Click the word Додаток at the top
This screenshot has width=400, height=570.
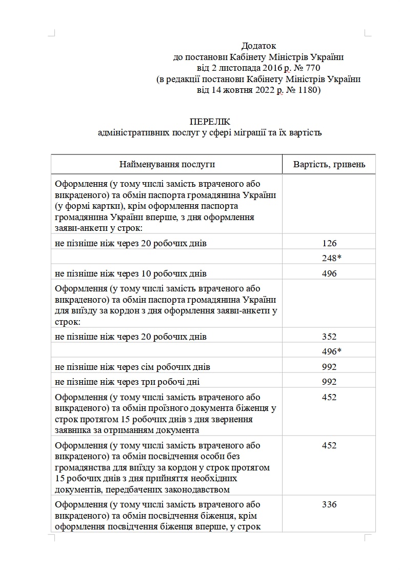(x=258, y=46)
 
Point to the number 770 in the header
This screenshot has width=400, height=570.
(x=314, y=68)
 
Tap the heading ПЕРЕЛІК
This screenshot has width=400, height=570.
(x=210, y=122)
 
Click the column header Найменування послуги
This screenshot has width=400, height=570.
(x=167, y=164)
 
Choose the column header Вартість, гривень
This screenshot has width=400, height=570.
(x=329, y=164)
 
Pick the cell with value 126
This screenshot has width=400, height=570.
(x=329, y=243)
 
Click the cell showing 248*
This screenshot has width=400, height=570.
(x=331, y=258)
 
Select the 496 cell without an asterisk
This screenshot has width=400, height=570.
(x=329, y=273)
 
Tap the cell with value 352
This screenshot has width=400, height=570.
(x=329, y=337)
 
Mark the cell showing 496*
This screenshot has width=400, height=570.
(x=331, y=351)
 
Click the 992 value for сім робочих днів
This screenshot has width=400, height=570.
(x=329, y=367)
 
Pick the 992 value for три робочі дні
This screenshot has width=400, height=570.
(x=329, y=382)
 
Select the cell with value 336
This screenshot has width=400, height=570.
(x=329, y=504)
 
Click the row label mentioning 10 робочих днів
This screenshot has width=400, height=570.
(x=131, y=273)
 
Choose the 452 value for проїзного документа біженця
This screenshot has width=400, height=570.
(x=329, y=397)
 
